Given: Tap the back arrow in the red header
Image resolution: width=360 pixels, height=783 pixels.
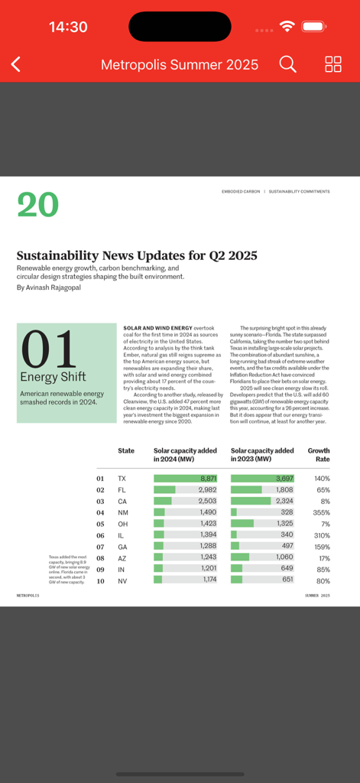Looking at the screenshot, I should (16, 65).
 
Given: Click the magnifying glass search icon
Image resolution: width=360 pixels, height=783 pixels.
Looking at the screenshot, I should (287, 64).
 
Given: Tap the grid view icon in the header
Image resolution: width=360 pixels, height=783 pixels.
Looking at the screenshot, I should (333, 64).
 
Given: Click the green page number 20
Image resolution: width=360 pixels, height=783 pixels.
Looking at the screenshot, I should (37, 204).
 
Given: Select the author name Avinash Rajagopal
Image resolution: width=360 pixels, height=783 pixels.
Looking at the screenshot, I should (54, 288).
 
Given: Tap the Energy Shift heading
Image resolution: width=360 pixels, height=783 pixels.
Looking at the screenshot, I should (53, 377).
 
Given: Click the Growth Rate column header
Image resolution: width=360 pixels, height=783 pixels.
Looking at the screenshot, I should (319, 455).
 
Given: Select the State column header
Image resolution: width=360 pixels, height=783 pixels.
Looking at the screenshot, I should (126, 451).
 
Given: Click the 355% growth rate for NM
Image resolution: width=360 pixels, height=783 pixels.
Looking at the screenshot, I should (321, 512).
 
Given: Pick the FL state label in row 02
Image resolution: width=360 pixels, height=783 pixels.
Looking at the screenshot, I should (122, 489).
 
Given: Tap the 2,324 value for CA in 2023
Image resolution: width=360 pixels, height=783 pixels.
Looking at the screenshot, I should (282, 501).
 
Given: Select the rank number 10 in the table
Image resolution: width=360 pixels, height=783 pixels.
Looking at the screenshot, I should (100, 580).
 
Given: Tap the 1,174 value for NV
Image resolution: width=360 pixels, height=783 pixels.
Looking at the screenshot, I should (209, 580).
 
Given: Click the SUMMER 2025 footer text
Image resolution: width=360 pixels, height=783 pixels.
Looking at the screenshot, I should (317, 595).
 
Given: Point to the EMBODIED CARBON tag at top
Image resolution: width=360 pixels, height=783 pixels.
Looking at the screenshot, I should (240, 192).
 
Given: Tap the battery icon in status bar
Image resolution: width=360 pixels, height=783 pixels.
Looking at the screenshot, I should (314, 27).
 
